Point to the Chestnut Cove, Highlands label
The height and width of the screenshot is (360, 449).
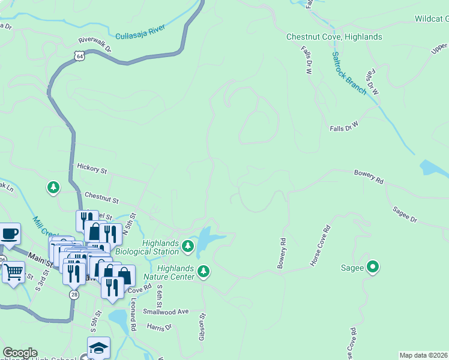tap(334, 37)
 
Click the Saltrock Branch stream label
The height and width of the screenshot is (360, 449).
tap(349, 73)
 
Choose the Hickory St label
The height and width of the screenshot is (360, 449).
tap(91, 169)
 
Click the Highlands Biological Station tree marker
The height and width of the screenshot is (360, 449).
tap(188, 246)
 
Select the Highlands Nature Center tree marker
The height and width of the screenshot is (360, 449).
tap(203, 272)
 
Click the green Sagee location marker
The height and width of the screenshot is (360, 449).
tap(373, 267)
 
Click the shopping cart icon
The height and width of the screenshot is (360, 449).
tap(13, 272)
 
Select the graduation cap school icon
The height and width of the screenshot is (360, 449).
tap(98, 347)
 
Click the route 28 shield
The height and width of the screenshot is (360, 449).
tap(74, 294)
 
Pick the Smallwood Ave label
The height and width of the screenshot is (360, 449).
tap(166, 311)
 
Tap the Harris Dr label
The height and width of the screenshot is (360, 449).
tap(159, 328)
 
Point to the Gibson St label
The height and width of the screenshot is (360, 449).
tap(203, 326)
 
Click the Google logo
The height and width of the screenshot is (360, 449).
tap(20, 353)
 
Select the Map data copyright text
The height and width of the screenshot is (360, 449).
tap(424, 355)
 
